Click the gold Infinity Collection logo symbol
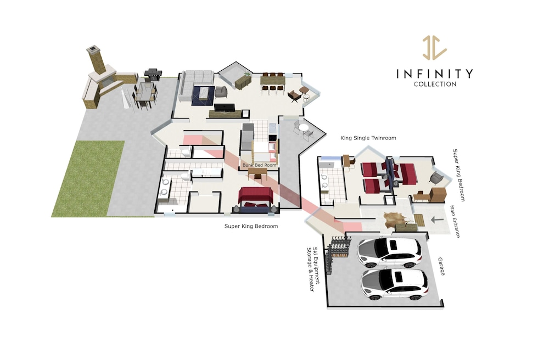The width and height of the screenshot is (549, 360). pyautogui.click(x=434, y=47)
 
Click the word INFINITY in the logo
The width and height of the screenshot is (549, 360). pyautogui.click(x=434, y=74)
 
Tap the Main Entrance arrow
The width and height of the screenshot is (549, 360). pyautogui.click(x=437, y=220)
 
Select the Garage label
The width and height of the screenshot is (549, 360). pyautogui.click(x=441, y=267)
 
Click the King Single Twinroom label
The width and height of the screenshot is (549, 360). pyautogui.click(x=368, y=138)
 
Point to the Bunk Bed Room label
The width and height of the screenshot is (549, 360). pyautogui.click(x=260, y=165)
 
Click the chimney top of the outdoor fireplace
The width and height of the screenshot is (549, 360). pyautogui.click(x=93, y=49)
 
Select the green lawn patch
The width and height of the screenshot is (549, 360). pyautogui.click(x=87, y=179)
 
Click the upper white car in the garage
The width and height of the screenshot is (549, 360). pyautogui.click(x=389, y=252)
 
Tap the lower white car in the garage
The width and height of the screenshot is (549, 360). pyautogui.click(x=395, y=284)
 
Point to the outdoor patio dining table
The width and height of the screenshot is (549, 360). pyautogui.click(x=145, y=93)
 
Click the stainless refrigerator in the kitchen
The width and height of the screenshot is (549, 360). pyautogui.click(x=247, y=136)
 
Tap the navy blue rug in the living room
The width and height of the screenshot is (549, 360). pyautogui.click(x=203, y=95)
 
